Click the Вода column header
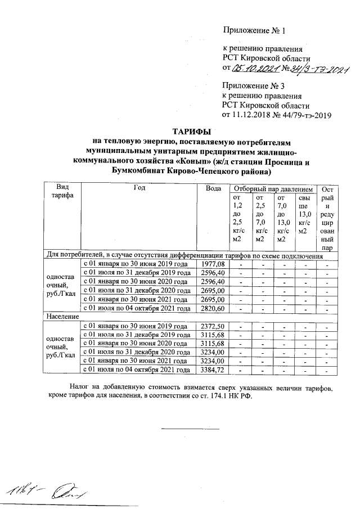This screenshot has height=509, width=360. pos(214,188)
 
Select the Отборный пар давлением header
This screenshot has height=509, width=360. pos(273,188)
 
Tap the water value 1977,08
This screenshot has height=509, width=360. pos(213,263)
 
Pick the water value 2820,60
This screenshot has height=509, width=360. pos(213,308)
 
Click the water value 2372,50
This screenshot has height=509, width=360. pos(213,326)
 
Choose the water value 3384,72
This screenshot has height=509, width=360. pos(213,370)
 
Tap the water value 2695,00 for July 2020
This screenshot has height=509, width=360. pos(213,290)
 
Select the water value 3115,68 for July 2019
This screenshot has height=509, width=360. pos(213,335)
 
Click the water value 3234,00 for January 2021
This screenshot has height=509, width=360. pos(213,361)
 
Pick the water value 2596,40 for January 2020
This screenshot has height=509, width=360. pos(213,281)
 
